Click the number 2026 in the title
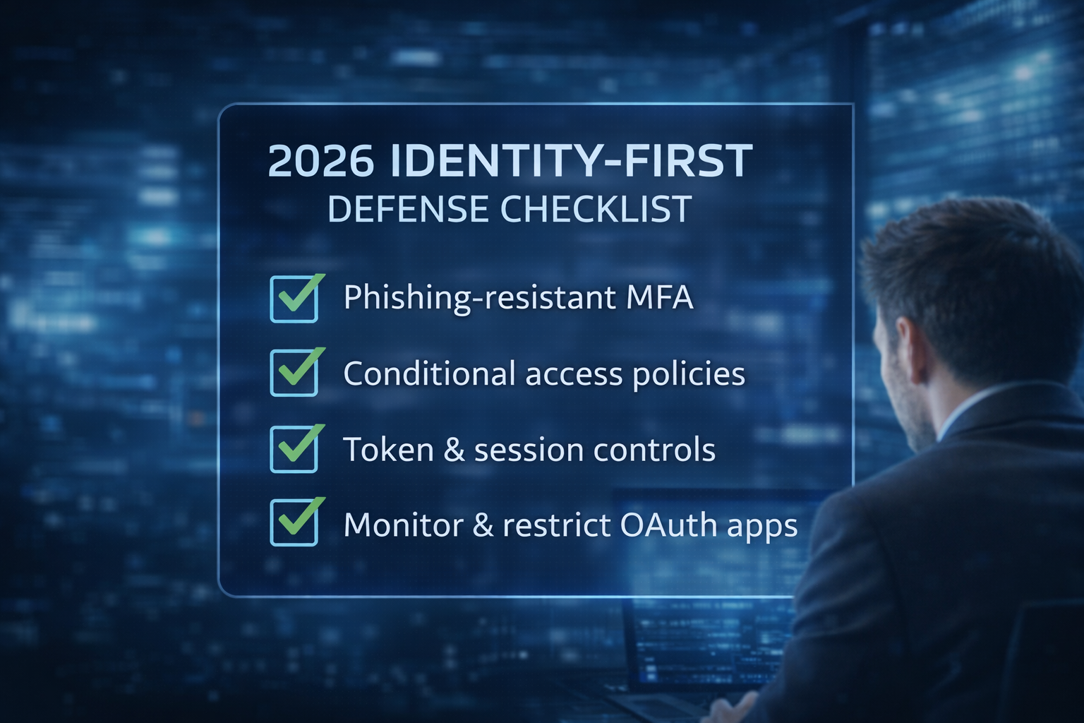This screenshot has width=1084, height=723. click(x=320, y=161)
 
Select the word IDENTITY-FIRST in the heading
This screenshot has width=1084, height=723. click(x=571, y=161)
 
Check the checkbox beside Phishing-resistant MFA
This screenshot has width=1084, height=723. click(x=294, y=299)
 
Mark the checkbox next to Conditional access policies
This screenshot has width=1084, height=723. click(x=294, y=373)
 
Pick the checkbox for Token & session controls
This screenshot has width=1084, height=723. click(x=294, y=449)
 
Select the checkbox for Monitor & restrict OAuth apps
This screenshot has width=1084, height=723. click(x=294, y=523)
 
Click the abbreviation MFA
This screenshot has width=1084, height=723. click(x=659, y=297)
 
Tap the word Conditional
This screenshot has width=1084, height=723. click(x=429, y=374)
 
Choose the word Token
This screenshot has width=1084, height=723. click(x=388, y=450)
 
